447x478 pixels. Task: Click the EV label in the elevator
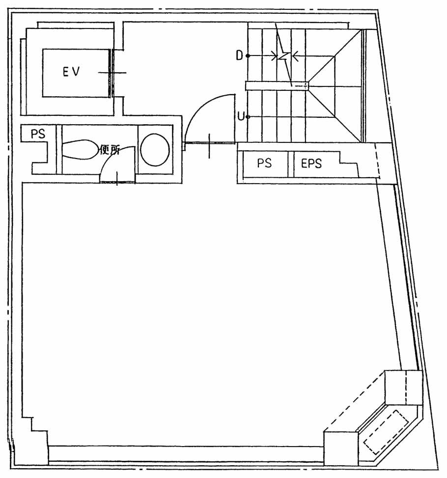(x=71, y=72)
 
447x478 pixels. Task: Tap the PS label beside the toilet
(x=38, y=134)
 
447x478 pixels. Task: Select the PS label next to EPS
(x=264, y=163)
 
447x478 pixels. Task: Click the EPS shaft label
(x=311, y=163)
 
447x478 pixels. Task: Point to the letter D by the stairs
(x=240, y=55)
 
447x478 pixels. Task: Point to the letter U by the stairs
(x=241, y=116)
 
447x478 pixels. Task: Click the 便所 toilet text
(x=110, y=149)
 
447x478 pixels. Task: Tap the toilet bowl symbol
(x=80, y=149)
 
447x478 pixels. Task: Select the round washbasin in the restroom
(x=155, y=150)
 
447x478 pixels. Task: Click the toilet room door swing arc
(x=111, y=155)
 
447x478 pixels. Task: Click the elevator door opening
(x=112, y=73)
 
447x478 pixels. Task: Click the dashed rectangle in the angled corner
(x=386, y=432)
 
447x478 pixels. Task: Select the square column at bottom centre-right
(x=341, y=449)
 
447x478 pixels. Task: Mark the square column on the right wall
(x=404, y=388)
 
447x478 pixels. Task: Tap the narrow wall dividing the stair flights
(x=277, y=86)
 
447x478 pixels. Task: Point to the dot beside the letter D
(x=248, y=56)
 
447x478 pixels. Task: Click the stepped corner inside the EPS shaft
(x=349, y=164)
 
